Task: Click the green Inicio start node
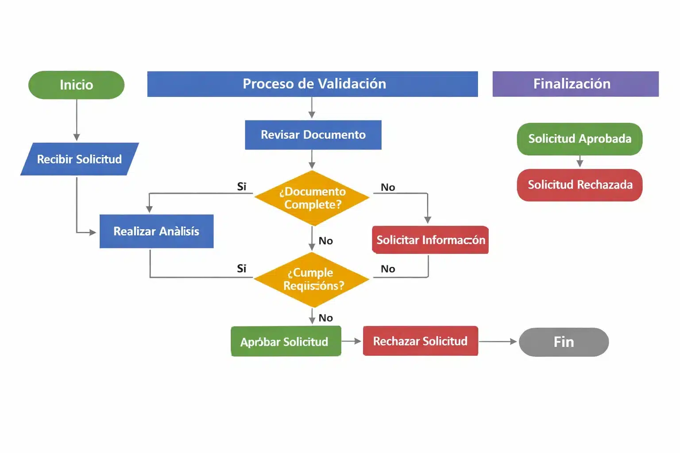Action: point(76,84)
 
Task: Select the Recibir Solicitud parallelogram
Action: point(80,159)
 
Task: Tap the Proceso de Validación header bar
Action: point(312,84)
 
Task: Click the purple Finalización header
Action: point(575,84)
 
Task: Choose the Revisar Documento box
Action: point(313,134)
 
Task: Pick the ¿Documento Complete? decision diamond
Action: point(312,198)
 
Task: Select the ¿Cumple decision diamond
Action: point(312,279)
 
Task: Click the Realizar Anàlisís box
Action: point(156,231)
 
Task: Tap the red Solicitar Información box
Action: point(430,240)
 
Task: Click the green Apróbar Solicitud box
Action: point(286,341)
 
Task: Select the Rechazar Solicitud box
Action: point(420,341)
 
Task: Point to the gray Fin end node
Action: point(564,342)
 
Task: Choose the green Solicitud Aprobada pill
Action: point(580,138)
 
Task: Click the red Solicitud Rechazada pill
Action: point(580,184)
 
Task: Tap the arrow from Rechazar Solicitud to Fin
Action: point(498,342)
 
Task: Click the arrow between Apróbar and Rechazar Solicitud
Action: point(352,341)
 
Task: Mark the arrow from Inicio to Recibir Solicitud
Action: point(77,119)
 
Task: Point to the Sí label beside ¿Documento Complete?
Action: point(242,187)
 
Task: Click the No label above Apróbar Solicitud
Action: point(325,318)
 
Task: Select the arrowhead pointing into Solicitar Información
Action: point(428,220)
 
